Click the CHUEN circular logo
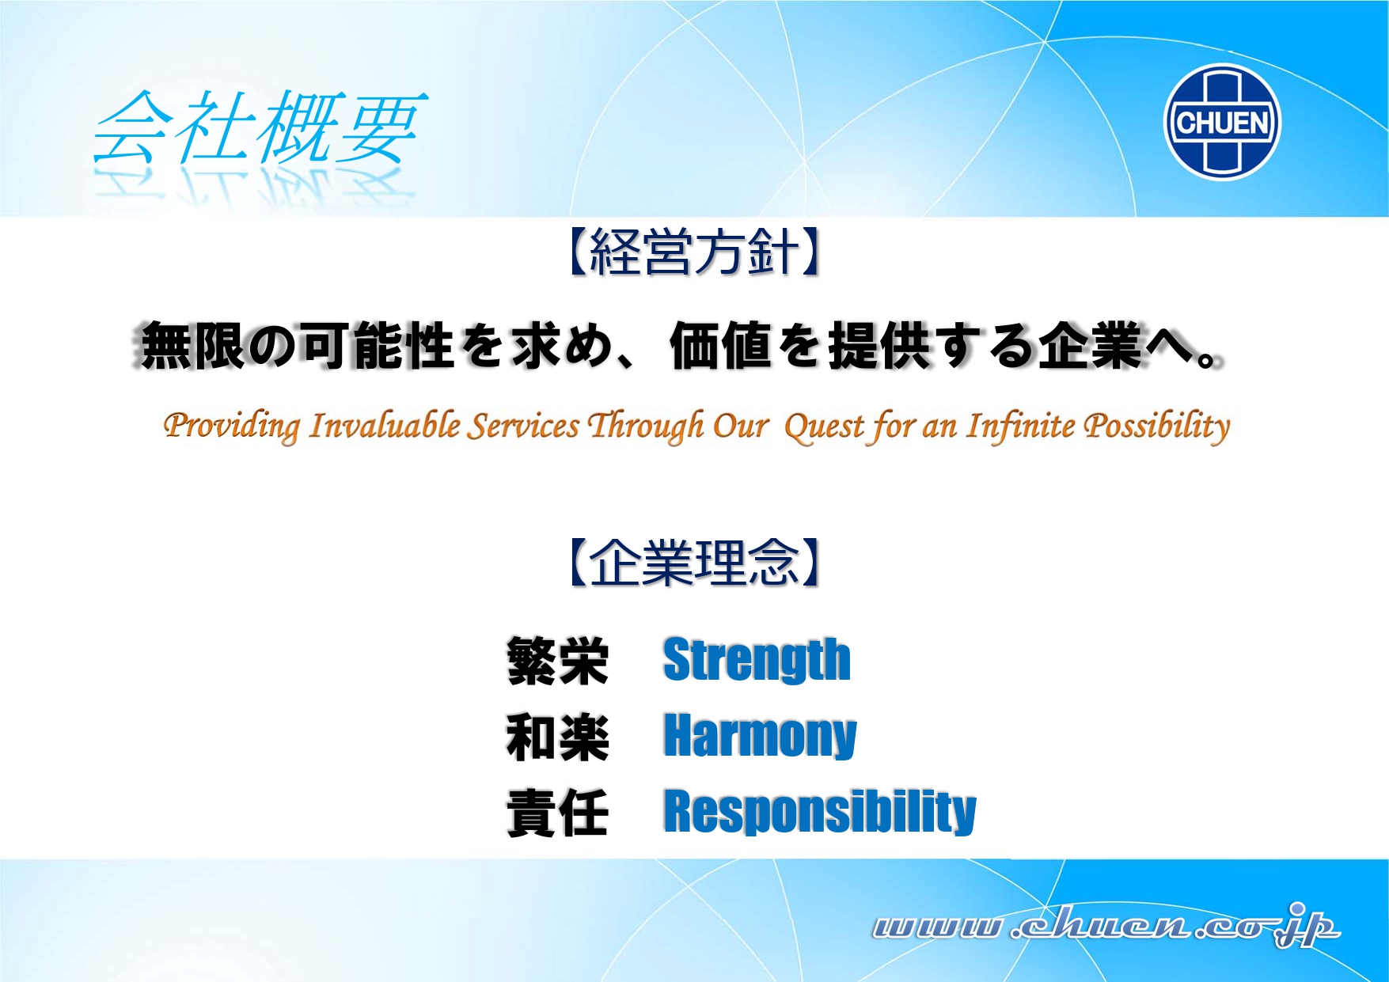[1222, 122]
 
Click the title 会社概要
[260, 127]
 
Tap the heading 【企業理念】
[694, 563]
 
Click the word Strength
[757, 660]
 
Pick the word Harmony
[760, 736]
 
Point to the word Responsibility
[820, 812]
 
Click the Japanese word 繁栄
[558, 661]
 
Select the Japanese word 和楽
[558, 737]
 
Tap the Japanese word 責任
[558, 813]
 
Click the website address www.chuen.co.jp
[1106, 925]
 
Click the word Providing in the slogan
[231, 426]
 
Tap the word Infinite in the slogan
[1021, 426]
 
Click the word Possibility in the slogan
[1157, 427]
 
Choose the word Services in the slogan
[524, 426]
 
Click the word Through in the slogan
[646, 426]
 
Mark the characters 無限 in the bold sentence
[192, 346]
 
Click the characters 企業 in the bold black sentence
[1091, 346]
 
